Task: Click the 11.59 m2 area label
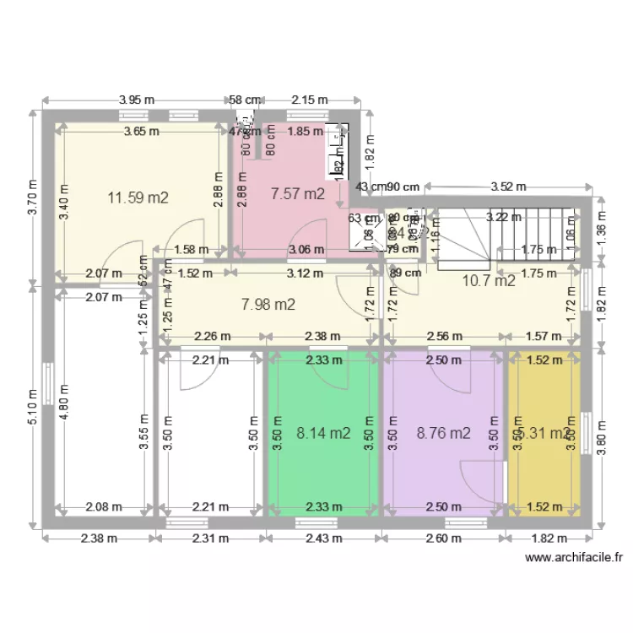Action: coord(138,198)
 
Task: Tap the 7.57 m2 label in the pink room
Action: coord(297,194)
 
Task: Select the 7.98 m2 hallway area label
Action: coord(268,305)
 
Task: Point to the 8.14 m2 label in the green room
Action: coord(323,434)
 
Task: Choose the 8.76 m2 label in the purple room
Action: coord(443,434)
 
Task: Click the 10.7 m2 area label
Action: coord(489,282)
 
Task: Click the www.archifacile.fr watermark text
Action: coord(573,558)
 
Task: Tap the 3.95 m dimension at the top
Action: coord(137,100)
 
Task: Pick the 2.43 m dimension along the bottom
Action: coord(324,538)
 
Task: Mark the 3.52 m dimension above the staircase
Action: coord(508,187)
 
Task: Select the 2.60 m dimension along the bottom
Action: coord(444,538)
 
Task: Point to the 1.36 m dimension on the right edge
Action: coord(601,231)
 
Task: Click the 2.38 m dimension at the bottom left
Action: coord(98,538)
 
